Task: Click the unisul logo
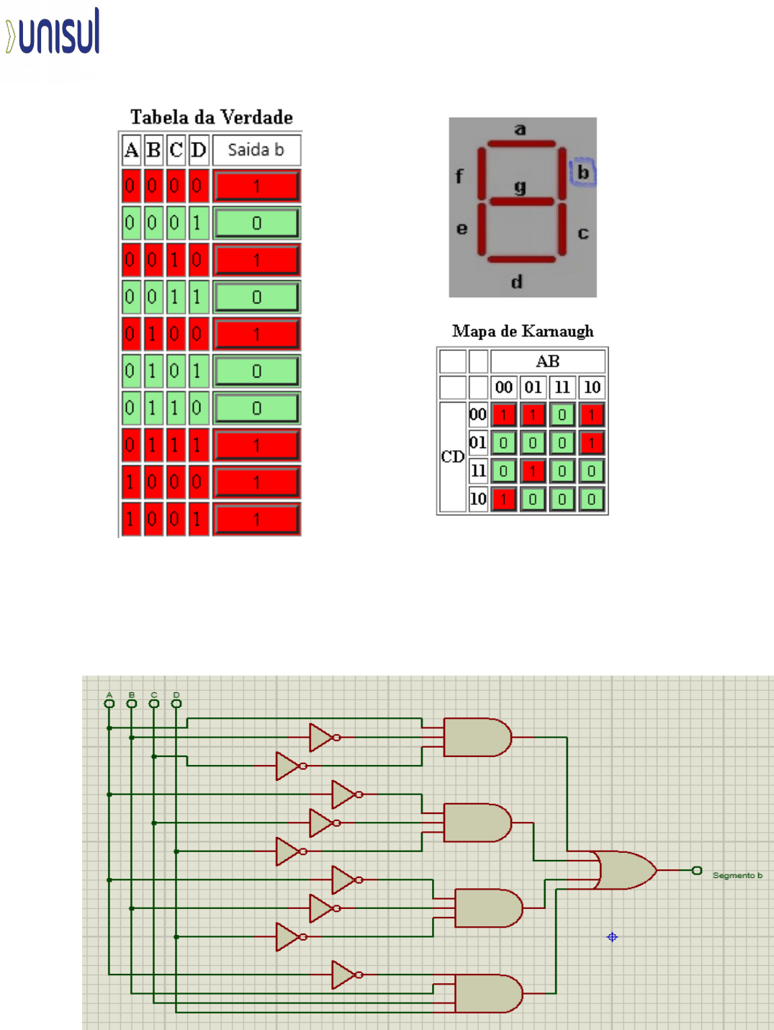pyautogui.click(x=53, y=32)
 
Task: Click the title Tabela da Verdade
pyautogui.click(x=211, y=117)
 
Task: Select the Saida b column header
pyautogui.click(x=256, y=150)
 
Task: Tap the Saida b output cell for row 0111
pyautogui.click(x=256, y=445)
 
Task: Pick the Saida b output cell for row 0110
pyautogui.click(x=256, y=408)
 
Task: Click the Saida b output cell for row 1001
pyautogui.click(x=256, y=519)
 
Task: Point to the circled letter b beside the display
pyautogui.click(x=583, y=172)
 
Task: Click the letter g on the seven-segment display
pyautogui.click(x=521, y=187)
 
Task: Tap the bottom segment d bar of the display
pyautogui.click(x=521, y=259)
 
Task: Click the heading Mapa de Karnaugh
pyautogui.click(x=523, y=331)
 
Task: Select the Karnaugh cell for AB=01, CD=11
pyautogui.click(x=533, y=471)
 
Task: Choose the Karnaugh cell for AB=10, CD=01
pyautogui.click(x=591, y=443)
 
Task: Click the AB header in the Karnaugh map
pyautogui.click(x=547, y=361)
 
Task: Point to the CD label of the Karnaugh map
pyautogui.click(x=452, y=457)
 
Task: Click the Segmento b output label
pyautogui.click(x=737, y=875)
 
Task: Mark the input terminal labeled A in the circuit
pyautogui.click(x=109, y=703)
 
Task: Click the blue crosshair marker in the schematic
pyautogui.click(x=612, y=937)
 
